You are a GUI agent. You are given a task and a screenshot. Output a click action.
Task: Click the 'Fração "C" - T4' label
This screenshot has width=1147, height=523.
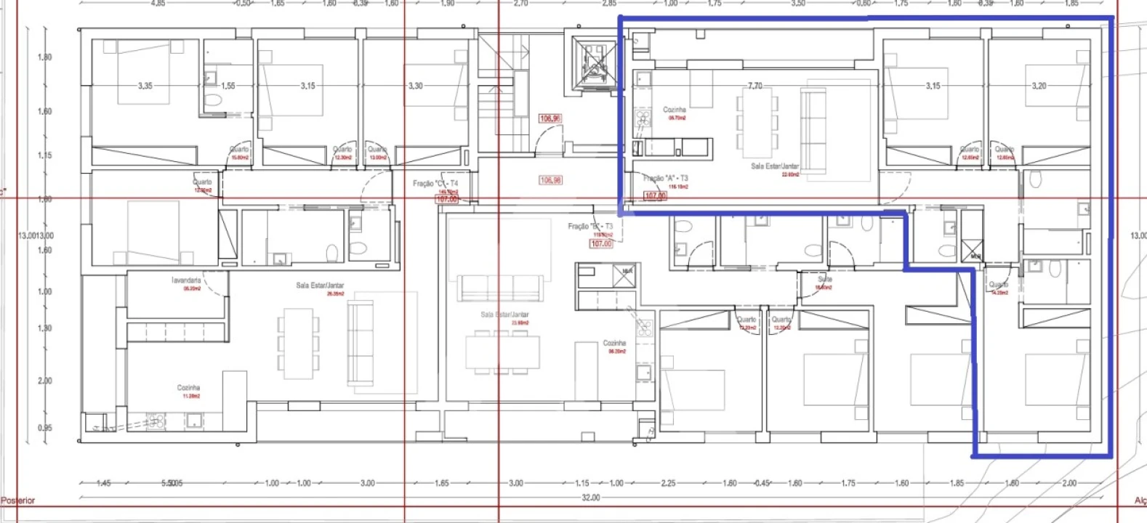(x=435, y=183)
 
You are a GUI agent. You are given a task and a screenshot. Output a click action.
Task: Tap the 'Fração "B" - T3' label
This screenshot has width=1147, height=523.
(x=590, y=227)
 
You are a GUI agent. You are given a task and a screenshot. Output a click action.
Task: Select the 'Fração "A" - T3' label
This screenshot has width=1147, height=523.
(x=665, y=178)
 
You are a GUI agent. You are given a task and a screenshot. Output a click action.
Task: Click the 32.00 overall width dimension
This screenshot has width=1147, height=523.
(x=591, y=498)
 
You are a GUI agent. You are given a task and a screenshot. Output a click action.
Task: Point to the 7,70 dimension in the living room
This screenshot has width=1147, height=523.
(x=755, y=86)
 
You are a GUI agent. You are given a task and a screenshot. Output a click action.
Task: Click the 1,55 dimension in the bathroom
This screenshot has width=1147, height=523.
(x=228, y=86)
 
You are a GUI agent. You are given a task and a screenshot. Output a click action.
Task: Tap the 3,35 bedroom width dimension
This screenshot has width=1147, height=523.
(x=145, y=86)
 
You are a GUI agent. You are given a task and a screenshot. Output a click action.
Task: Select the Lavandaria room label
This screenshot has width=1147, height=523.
(x=186, y=280)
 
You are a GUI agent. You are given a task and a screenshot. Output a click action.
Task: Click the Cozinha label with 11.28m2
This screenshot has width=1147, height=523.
(x=188, y=388)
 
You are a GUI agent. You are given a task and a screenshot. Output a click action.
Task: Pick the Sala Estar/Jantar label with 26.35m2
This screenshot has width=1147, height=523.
(x=320, y=285)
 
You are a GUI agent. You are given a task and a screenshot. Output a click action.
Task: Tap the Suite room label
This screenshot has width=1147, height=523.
(x=825, y=279)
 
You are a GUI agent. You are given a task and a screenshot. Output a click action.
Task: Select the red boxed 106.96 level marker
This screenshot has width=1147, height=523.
(x=550, y=118)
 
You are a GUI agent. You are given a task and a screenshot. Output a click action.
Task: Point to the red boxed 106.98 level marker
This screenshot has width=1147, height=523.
(x=550, y=180)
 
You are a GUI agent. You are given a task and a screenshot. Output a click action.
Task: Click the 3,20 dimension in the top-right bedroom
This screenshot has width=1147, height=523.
(x=1039, y=86)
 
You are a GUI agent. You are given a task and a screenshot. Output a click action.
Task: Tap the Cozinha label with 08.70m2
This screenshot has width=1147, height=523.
(x=675, y=110)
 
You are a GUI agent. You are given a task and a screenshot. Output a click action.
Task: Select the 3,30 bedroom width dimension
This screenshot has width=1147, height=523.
(x=415, y=86)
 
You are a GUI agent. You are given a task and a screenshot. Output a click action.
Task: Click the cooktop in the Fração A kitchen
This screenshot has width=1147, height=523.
(x=643, y=118)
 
